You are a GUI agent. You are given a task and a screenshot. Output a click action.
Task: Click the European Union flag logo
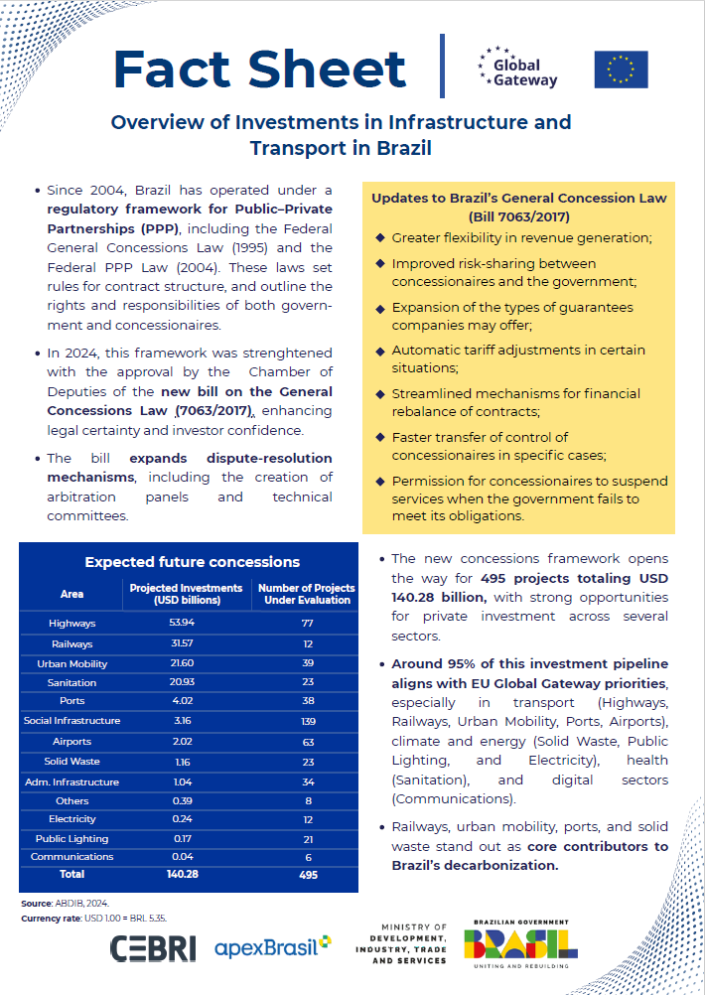click(x=621, y=70)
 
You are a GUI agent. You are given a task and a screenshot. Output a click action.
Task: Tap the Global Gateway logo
click(x=517, y=68)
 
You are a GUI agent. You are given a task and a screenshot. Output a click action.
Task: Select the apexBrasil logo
click(x=272, y=947)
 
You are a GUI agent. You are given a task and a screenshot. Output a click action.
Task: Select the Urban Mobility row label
click(x=72, y=663)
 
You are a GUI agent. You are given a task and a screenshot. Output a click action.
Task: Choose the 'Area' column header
click(x=71, y=594)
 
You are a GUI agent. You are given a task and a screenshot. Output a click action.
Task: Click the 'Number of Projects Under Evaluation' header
click(x=306, y=594)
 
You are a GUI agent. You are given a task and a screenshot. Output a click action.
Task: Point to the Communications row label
click(x=72, y=856)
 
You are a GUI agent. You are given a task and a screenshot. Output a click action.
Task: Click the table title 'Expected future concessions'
click(x=192, y=562)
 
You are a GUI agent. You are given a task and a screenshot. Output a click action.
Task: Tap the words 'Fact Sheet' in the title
click(x=260, y=68)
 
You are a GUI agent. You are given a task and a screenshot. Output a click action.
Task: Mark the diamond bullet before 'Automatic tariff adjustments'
click(x=380, y=351)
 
